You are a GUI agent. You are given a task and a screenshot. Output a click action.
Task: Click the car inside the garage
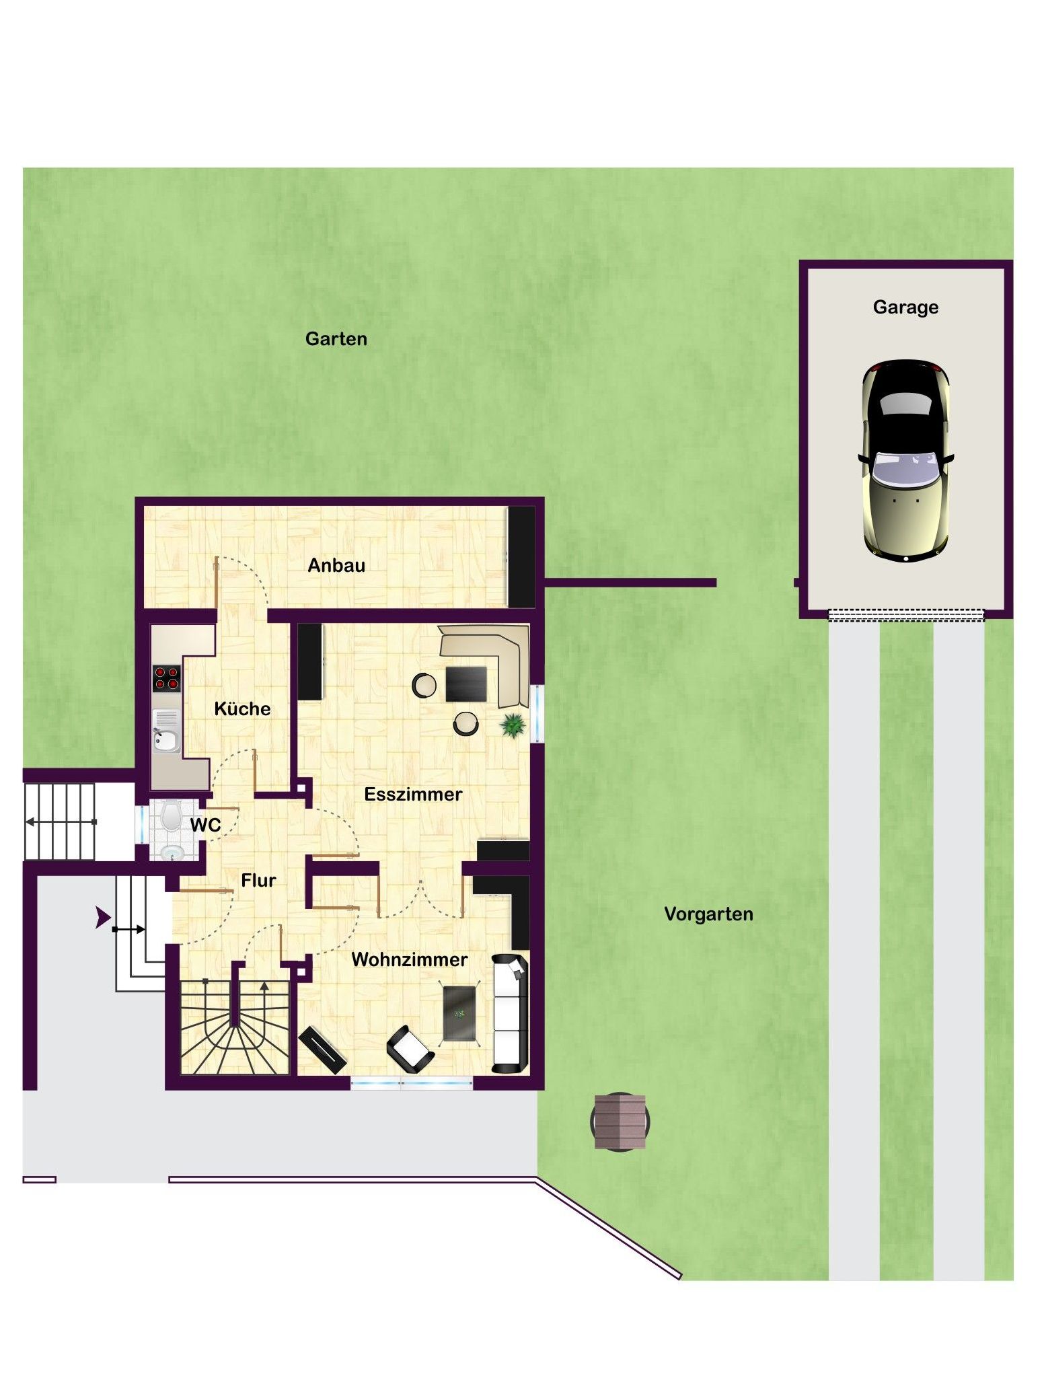(905, 461)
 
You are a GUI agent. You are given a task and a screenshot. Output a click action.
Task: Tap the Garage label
(905, 307)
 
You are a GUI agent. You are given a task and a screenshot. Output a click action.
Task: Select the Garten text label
(336, 338)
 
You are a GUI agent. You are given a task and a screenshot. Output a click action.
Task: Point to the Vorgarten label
(708, 914)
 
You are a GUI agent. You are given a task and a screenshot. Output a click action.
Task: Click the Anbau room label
(336, 565)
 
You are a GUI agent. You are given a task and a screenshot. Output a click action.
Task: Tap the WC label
(205, 825)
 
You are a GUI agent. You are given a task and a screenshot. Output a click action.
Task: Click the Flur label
(258, 880)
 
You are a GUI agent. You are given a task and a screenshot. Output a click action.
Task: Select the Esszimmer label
(413, 794)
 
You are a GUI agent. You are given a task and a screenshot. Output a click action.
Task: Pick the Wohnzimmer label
(410, 959)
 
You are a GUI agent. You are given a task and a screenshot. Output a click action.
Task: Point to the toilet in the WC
(171, 815)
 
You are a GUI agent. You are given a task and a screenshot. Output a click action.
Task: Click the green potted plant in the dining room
(513, 725)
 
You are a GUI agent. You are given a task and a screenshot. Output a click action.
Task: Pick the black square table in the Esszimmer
(466, 684)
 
